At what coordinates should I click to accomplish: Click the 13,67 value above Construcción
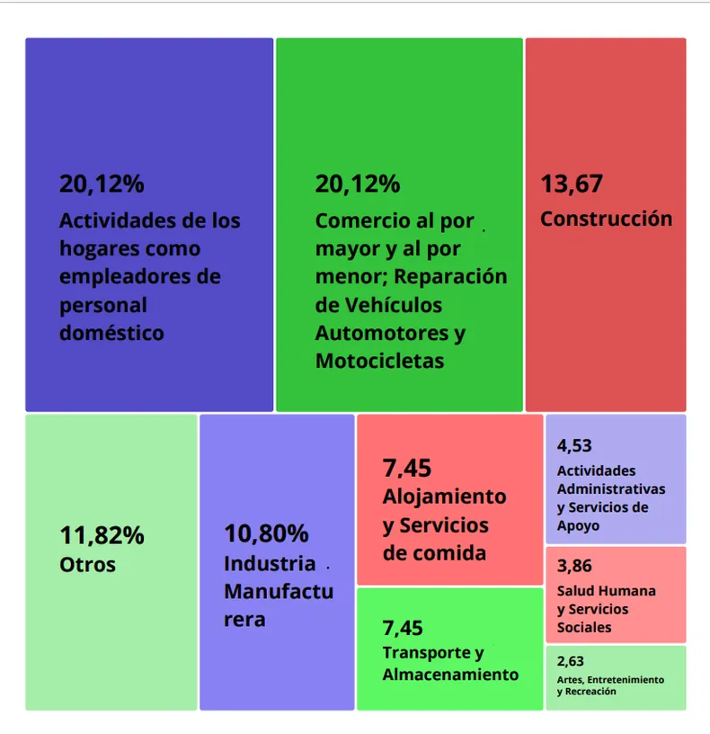(571, 184)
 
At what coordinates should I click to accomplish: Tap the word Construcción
(606, 219)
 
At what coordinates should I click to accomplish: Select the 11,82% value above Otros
(102, 535)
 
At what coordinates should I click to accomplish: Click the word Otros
(87, 565)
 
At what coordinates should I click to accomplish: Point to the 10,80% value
(266, 533)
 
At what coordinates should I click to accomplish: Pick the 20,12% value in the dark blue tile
(102, 184)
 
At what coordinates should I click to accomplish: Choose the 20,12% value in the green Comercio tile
(357, 184)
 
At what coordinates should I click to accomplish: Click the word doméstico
(111, 333)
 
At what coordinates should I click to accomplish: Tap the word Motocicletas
(379, 361)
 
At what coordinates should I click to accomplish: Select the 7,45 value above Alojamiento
(407, 468)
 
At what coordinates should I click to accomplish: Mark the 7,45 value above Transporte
(402, 628)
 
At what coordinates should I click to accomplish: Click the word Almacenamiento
(450, 674)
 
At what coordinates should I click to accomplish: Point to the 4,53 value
(574, 445)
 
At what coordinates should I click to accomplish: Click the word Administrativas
(611, 488)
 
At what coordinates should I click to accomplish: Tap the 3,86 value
(574, 567)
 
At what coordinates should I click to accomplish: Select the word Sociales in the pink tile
(584, 627)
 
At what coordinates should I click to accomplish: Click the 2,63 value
(570, 661)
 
